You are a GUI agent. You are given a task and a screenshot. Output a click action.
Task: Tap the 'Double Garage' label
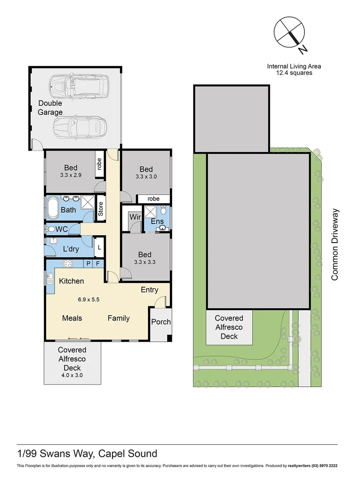[x=50, y=108]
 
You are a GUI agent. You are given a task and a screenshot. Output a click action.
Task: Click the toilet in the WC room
[x=50, y=229]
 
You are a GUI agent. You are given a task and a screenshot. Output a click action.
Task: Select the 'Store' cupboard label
[x=100, y=209]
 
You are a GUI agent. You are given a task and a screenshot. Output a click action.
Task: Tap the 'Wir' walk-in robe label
[x=135, y=218]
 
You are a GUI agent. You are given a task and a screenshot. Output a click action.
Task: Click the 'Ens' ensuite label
[x=157, y=221]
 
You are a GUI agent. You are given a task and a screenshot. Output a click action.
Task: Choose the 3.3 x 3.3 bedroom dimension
[x=145, y=262]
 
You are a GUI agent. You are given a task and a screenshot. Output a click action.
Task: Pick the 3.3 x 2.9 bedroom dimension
[x=71, y=176]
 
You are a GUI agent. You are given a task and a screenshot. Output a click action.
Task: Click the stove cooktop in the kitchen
[x=68, y=264]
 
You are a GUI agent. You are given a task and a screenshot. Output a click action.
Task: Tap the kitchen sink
[x=49, y=279]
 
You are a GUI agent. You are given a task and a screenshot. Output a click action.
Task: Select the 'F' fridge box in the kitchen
[x=98, y=264]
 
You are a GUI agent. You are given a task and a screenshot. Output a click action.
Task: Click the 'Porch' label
[x=161, y=322]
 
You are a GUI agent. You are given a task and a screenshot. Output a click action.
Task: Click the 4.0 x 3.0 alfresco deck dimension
[x=72, y=375]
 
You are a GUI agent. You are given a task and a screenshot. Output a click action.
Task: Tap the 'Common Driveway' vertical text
[x=335, y=244]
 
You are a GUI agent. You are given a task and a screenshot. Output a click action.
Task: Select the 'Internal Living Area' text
[x=294, y=66]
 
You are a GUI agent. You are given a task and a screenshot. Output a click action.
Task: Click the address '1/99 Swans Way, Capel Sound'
[x=87, y=454]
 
